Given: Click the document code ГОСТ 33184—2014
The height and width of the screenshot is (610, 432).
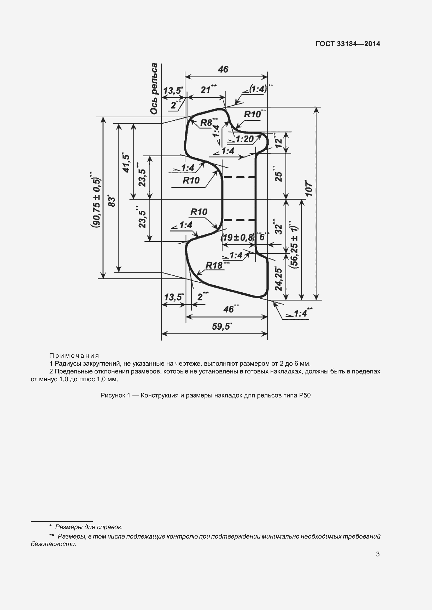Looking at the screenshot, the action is (x=348, y=44).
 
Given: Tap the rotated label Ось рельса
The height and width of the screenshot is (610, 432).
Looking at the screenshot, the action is (x=154, y=89).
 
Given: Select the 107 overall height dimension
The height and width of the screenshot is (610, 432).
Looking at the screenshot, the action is (x=309, y=188).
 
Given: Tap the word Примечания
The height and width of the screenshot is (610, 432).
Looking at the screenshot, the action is (x=74, y=356).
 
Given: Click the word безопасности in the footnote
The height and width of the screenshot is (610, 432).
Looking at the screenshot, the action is (x=54, y=544).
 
